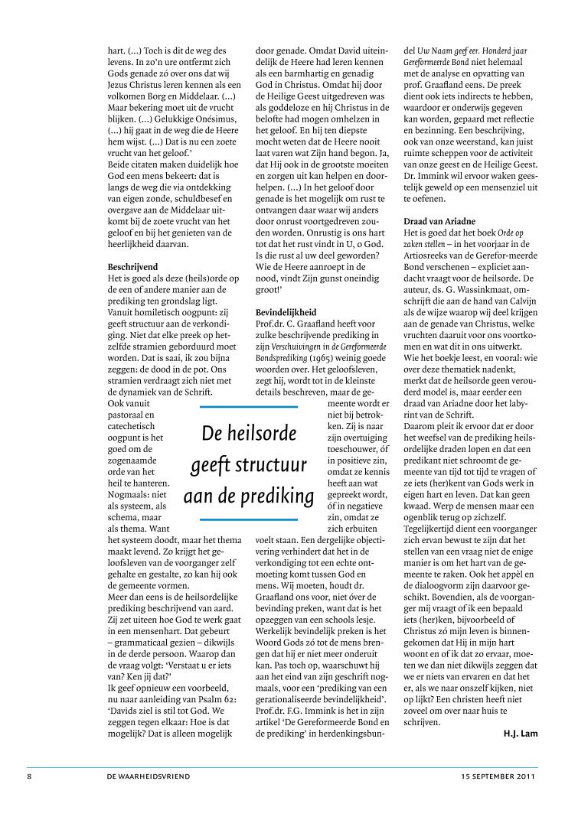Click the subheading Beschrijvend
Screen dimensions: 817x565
132,267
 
